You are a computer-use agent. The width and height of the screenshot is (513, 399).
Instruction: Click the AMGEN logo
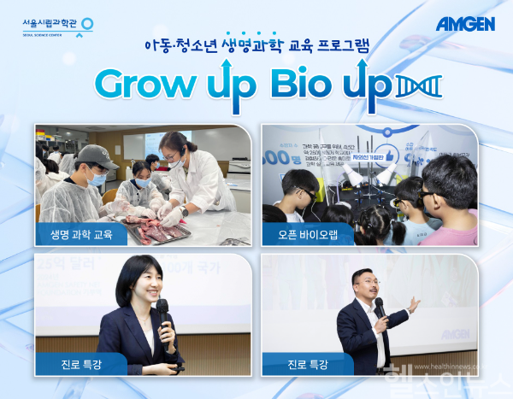pos(465,24)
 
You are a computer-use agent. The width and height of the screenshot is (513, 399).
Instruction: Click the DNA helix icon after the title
pos(420,85)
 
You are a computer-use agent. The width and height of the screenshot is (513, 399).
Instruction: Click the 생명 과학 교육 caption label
pos(81,233)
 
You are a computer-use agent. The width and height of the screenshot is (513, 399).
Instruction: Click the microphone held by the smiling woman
pos(162,308)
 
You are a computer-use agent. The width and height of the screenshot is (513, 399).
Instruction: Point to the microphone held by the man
pos(379,307)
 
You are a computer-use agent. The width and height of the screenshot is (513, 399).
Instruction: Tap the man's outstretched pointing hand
pos(415,303)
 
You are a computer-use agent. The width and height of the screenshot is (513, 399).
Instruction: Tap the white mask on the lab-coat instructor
pos(174,160)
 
